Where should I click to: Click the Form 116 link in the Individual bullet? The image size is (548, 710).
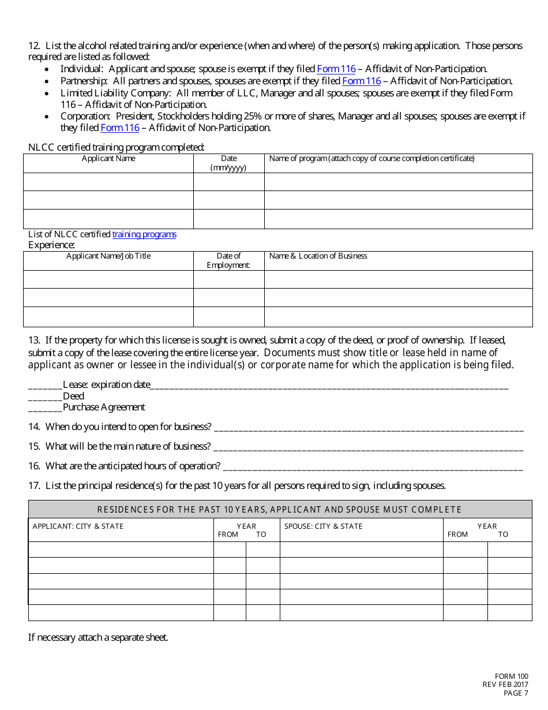(336, 69)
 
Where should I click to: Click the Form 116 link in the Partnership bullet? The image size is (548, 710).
(362, 81)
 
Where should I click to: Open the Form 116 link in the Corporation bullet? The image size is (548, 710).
(120, 128)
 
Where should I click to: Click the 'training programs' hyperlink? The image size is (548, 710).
(144, 234)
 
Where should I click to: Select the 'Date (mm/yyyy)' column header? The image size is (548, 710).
(228, 163)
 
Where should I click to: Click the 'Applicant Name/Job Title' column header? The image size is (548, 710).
(108, 256)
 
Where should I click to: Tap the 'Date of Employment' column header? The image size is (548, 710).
(228, 260)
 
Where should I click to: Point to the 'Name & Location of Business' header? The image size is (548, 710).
(318, 256)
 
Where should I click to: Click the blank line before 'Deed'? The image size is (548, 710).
(45, 397)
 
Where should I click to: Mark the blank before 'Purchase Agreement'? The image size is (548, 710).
(45, 408)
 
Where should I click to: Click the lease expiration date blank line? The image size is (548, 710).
(329, 386)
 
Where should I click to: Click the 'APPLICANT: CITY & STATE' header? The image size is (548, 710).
(78, 526)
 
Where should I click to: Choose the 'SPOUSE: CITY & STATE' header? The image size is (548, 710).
(323, 526)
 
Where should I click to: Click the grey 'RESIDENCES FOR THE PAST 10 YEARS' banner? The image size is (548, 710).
(280, 509)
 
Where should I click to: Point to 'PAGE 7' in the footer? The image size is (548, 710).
(516, 693)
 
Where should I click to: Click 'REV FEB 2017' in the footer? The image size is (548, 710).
(505, 685)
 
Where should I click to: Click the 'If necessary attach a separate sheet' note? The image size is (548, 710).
(98, 638)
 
